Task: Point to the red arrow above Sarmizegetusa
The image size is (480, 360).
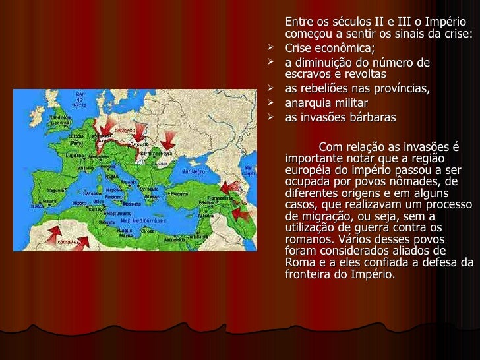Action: (x=169, y=138)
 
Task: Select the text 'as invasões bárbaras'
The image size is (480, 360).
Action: (x=340, y=118)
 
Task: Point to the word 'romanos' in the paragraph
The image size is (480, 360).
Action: (x=309, y=239)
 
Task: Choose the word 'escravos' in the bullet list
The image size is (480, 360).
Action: (x=307, y=74)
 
